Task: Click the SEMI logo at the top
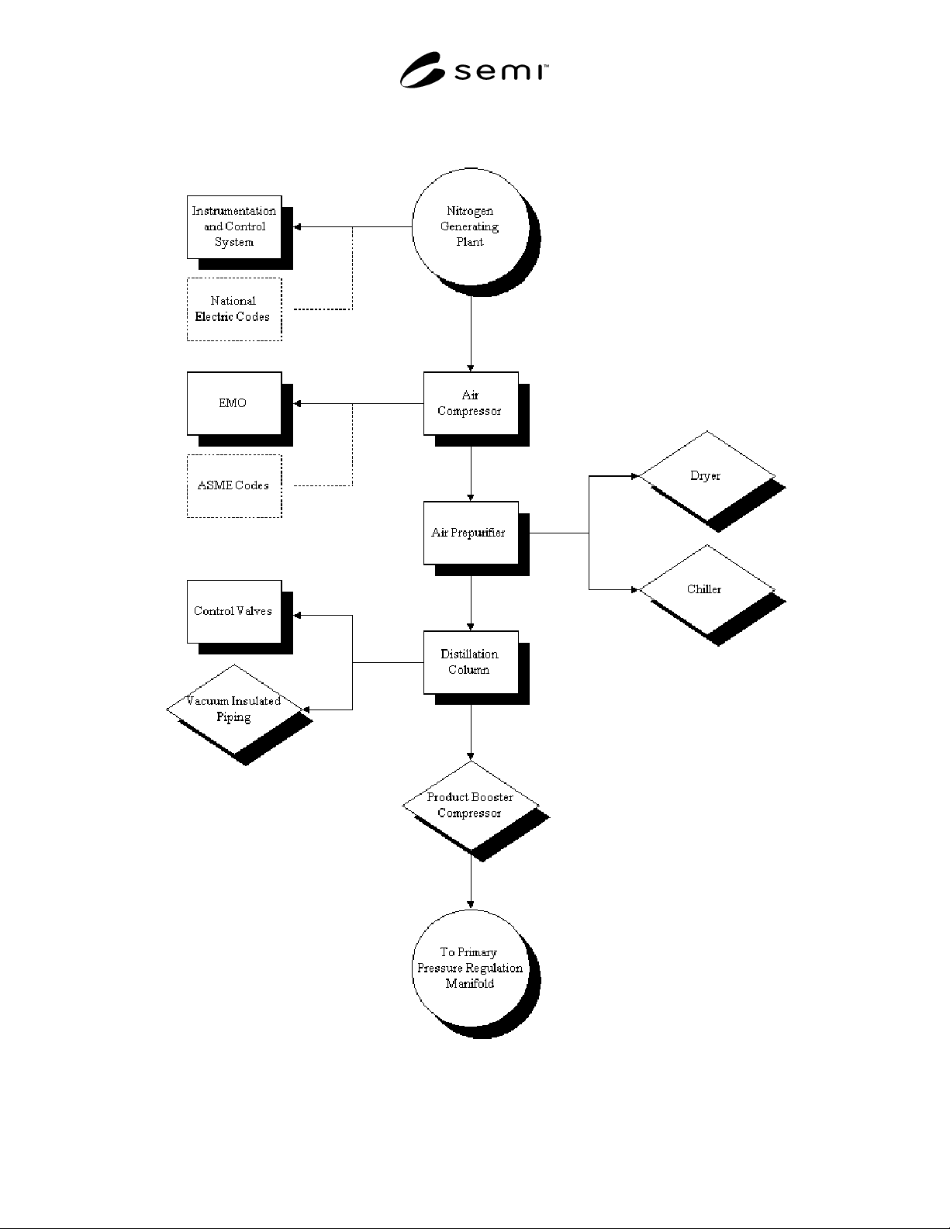coord(474,70)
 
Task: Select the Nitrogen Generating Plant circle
coord(471,226)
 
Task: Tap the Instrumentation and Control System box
coord(234,227)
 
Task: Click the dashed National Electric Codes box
coord(234,309)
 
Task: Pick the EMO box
coord(234,403)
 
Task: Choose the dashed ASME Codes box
coord(234,486)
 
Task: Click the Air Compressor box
coord(471,403)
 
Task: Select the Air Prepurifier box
coord(471,533)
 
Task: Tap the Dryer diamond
coord(706,476)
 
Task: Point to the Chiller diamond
coord(706,590)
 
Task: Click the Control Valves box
coord(234,611)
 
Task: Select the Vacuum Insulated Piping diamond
coord(234,709)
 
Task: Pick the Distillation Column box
coord(471,662)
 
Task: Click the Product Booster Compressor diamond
coord(471,806)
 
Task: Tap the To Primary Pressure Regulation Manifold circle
coord(471,968)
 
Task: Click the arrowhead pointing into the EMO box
coord(298,403)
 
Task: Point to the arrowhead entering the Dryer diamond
coord(635,476)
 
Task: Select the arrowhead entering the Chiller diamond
coord(635,589)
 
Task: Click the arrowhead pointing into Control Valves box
coord(298,616)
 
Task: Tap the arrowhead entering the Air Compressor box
coord(471,368)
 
